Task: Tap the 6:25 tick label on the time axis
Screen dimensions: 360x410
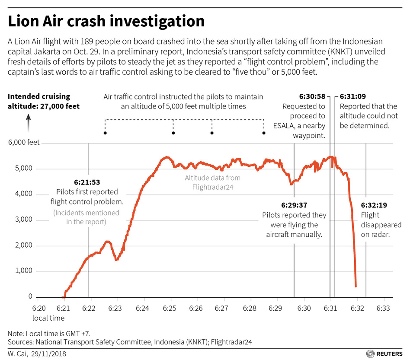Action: (x=170, y=309)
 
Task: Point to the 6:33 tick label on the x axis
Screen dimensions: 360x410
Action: (x=383, y=309)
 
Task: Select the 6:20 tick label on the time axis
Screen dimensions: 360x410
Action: (x=38, y=309)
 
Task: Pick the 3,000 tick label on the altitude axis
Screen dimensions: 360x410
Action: (x=24, y=220)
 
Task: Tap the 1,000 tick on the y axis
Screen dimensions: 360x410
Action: (x=24, y=271)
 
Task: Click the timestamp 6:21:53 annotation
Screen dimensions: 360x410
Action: (x=87, y=182)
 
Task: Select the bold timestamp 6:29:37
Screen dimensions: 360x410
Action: (x=294, y=205)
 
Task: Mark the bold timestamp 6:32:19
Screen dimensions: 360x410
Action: (x=375, y=205)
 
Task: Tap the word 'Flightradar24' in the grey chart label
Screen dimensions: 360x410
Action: (x=213, y=186)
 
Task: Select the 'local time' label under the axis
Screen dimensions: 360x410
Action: (x=48, y=318)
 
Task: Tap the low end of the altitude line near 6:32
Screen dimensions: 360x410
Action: (x=356, y=286)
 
